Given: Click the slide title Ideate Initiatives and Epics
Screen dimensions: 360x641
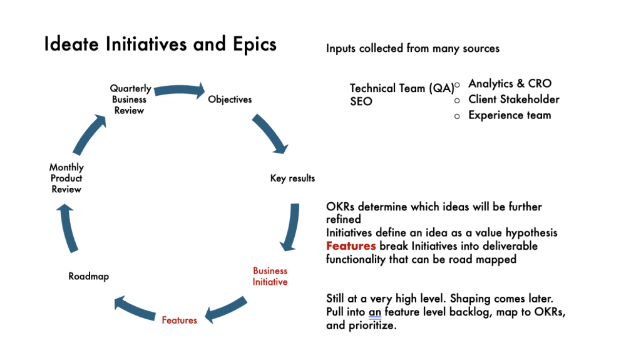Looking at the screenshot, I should click(x=160, y=45).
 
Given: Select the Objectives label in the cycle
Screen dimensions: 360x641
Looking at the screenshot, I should click(x=230, y=99).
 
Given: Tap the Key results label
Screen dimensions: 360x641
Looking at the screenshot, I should click(x=292, y=178).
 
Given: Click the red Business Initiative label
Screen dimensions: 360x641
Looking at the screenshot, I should click(x=270, y=276).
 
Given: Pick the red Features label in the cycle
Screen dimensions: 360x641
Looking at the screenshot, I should click(x=179, y=321).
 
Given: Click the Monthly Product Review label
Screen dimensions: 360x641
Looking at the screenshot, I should click(x=66, y=178).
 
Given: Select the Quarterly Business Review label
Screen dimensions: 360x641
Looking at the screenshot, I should click(x=130, y=100).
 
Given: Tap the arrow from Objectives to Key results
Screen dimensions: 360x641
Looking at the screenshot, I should click(x=270, y=133).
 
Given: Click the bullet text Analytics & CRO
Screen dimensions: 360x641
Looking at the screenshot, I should click(x=510, y=83).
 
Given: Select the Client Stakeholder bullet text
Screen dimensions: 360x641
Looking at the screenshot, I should click(x=513, y=99).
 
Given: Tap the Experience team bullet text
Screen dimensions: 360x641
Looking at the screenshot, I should click(x=510, y=115).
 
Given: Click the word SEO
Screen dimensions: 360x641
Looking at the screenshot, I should click(x=361, y=101).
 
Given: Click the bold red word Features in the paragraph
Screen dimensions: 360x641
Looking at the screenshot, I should click(x=351, y=246).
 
